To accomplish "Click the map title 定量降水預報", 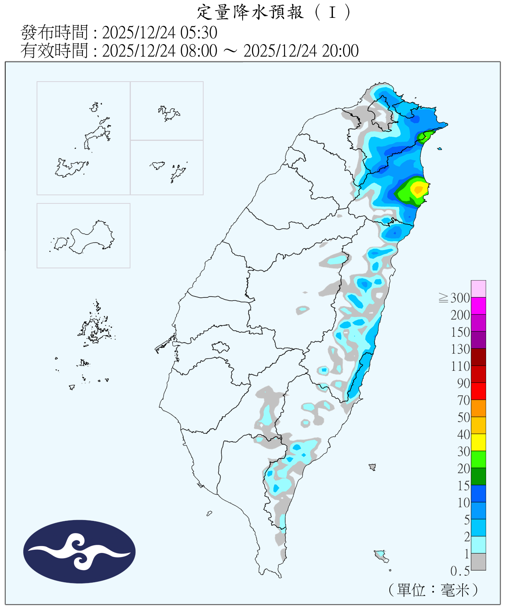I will [250, 12].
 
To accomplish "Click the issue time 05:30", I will [202, 32].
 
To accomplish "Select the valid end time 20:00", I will [340, 51].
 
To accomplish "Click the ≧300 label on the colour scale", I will [454, 298].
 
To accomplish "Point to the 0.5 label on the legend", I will [460, 571].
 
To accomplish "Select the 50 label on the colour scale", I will [463, 417].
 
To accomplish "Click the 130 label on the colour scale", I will [460, 349].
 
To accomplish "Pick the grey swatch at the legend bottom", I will [478, 562].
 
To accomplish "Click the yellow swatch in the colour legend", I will [478, 442].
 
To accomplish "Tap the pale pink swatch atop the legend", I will [478, 289].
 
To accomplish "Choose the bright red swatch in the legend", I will [478, 391].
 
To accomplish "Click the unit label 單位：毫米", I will [433, 590].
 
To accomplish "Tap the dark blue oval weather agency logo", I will [79, 551].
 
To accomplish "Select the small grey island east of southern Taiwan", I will [372, 467].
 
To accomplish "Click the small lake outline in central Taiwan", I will [220, 347].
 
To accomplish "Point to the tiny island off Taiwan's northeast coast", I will [439, 149].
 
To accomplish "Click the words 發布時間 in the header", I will [54, 32].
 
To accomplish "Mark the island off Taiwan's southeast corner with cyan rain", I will [381, 555].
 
